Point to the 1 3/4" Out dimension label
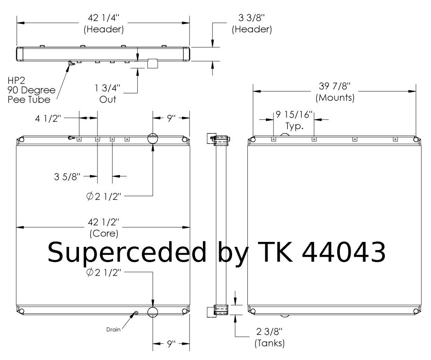pyautogui.click(x=108, y=94)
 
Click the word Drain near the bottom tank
pyautogui.click(x=113, y=329)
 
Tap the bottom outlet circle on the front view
pyautogui.click(x=153, y=312)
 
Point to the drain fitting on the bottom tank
pyautogui.click(x=136, y=313)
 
